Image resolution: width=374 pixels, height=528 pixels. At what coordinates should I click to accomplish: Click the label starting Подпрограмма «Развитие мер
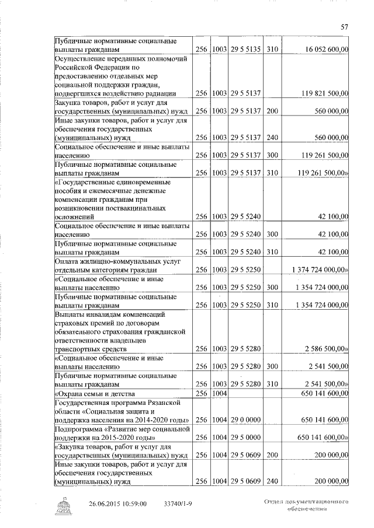[120, 433]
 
